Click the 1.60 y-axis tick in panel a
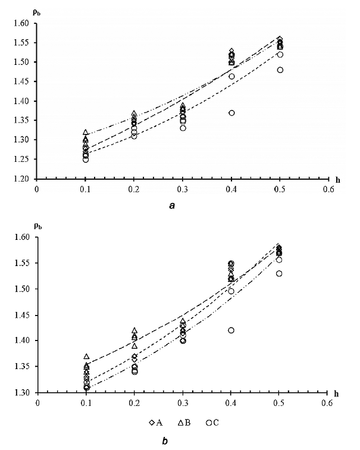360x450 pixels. [21, 23]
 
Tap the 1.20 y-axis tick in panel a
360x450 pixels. [21, 179]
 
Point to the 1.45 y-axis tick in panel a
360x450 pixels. [21, 82]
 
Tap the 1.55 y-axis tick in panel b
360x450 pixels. [21, 263]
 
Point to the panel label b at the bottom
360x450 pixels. [173, 440]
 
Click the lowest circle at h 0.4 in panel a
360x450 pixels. [231, 113]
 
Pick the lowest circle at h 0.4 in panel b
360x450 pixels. [231, 330]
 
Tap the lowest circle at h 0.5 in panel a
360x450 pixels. [280, 70]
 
